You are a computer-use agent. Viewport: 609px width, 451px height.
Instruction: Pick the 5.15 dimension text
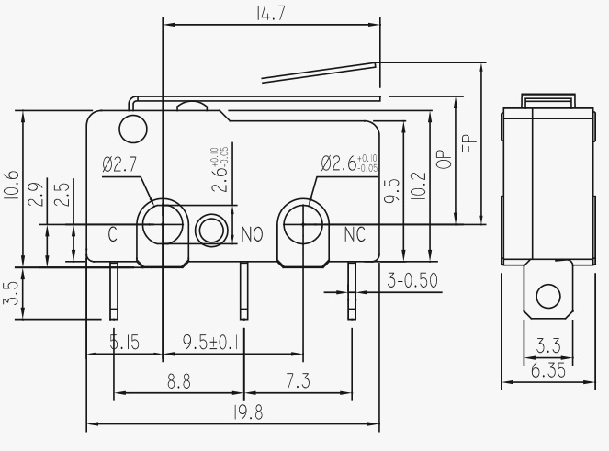124,343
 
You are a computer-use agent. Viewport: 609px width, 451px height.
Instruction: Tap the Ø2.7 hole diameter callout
120,165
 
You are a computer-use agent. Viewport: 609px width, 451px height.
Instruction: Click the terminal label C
112,234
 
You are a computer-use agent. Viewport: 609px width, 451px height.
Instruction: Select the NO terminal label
253,235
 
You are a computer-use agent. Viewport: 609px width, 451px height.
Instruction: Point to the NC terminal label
355,234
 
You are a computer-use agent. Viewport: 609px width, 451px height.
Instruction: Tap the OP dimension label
444,159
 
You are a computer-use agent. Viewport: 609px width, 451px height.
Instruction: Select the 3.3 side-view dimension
548,346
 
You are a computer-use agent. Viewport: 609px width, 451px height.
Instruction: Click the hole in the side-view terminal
548,296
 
